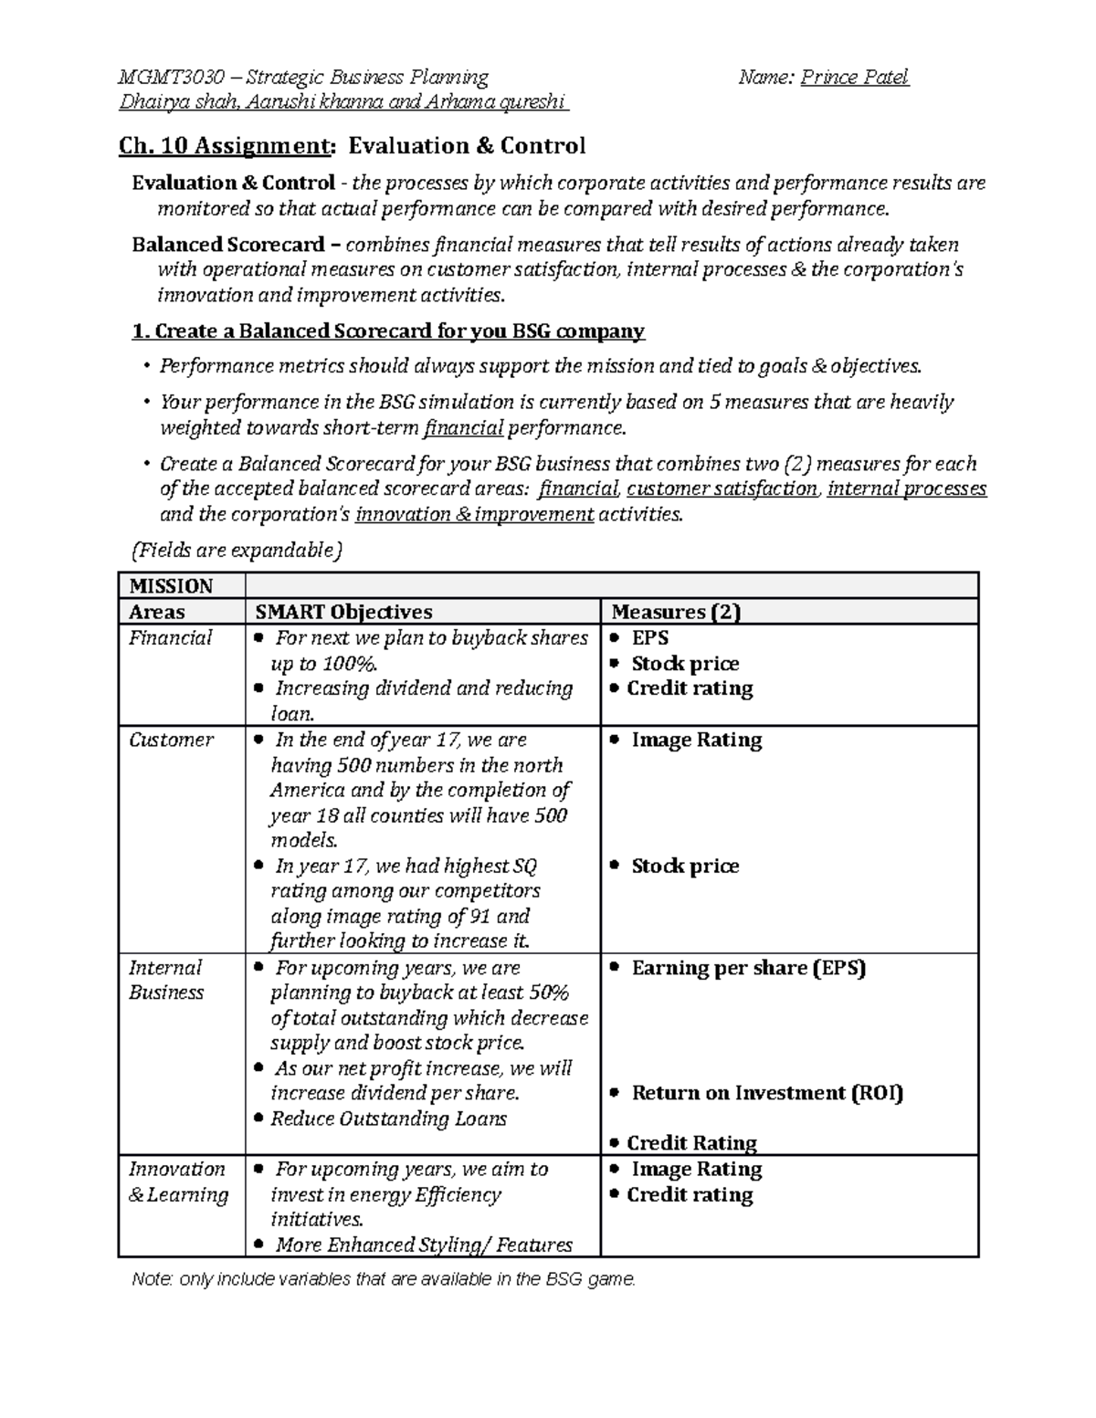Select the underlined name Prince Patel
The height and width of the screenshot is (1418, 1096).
854,78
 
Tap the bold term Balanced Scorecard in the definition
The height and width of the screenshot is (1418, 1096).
227,245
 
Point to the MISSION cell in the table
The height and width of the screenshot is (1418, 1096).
171,586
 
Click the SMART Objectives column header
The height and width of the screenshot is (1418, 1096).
343,612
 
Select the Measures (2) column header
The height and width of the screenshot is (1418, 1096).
676,612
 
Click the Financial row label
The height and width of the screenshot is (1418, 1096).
170,638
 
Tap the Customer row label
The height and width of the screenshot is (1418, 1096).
171,740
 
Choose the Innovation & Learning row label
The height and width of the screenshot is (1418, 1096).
178,1182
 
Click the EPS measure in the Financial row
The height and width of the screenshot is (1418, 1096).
650,638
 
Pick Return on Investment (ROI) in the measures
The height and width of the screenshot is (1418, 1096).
766,1093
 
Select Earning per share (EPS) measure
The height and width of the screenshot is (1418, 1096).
748,968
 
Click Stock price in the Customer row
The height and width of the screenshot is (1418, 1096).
685,866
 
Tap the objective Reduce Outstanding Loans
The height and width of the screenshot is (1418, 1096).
388,1119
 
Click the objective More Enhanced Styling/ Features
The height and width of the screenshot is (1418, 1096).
423,1245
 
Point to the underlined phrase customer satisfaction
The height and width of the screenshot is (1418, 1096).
722,489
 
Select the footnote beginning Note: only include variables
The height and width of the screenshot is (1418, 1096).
384,1279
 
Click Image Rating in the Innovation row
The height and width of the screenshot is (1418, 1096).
696,1169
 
